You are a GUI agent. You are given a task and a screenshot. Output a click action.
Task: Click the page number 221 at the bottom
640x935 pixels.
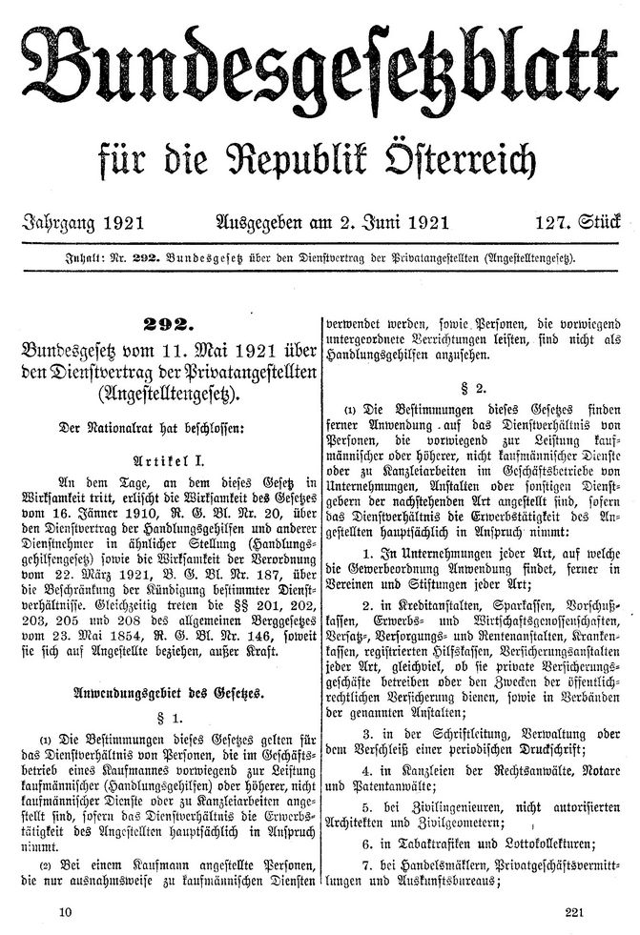573,911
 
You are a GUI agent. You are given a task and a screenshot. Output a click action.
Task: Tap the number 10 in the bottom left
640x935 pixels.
64,911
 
